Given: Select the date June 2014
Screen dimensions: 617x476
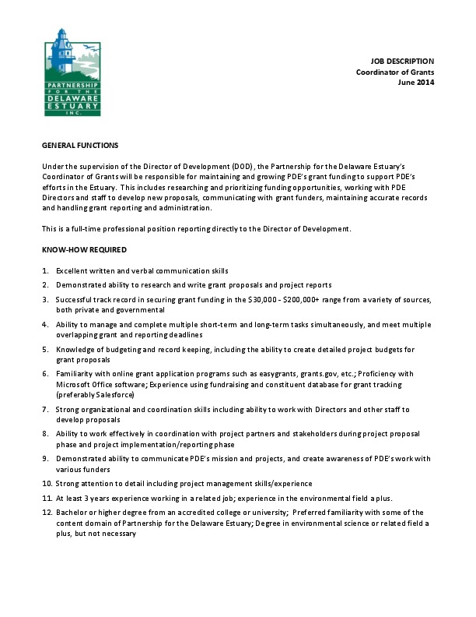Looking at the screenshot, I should coord(416,81).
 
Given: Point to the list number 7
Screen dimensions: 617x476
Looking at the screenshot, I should coord(45,409).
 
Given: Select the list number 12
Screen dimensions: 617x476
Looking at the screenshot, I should coord(47,512).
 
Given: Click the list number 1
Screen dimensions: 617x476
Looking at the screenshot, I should coord(45,270).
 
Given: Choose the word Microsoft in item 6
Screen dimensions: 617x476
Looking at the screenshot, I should coord(75,385).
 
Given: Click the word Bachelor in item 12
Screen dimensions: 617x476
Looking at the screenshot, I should coord(71,512).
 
